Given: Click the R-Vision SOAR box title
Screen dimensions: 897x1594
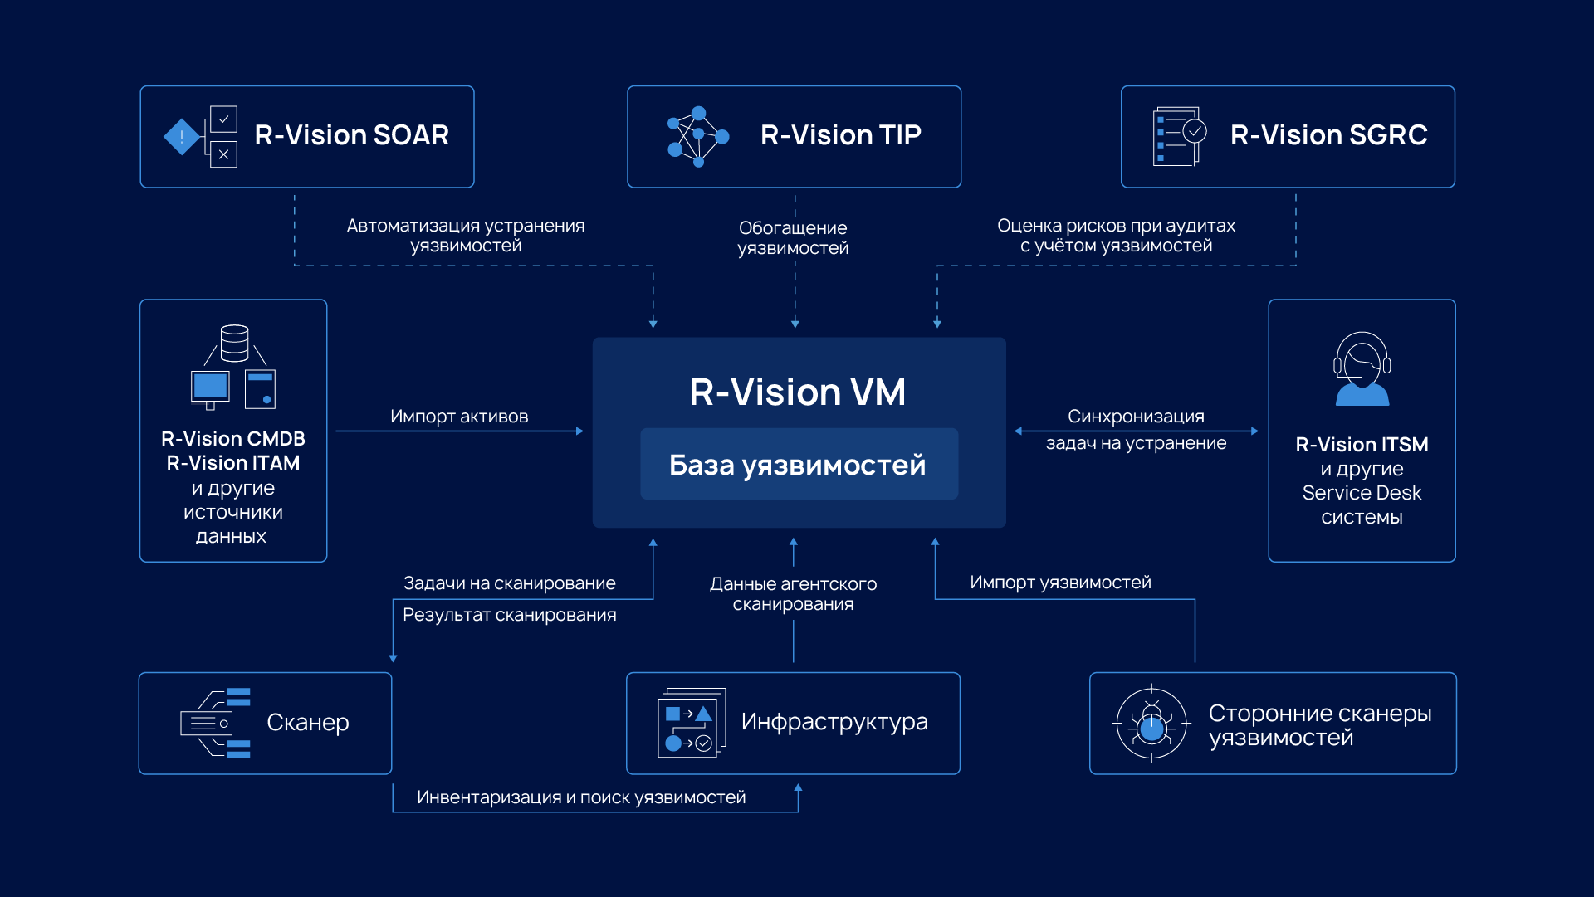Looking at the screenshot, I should click(351, 135).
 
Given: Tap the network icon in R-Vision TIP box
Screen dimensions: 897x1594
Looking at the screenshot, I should click(697, 136).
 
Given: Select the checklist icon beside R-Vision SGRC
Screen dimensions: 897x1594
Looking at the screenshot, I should click(1179, 136).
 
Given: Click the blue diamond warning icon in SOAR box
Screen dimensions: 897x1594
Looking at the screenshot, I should click(182, 137).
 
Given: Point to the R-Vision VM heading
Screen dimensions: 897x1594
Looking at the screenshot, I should click(797, 392).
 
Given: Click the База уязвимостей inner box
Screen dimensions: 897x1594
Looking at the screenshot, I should click(798, 465).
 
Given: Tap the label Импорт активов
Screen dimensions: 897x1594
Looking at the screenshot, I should click(459, 417).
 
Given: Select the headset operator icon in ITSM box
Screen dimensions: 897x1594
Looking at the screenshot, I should click(1362, 369).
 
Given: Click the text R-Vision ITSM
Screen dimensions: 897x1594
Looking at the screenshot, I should click(1362, 445).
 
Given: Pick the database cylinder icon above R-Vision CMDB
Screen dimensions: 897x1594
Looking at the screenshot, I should click(235, 343).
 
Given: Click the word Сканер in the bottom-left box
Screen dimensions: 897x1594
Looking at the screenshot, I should click(307, 723).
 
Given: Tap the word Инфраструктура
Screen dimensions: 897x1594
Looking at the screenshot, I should click(834, 722).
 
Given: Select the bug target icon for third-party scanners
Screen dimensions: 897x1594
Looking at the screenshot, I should click(1151, 724).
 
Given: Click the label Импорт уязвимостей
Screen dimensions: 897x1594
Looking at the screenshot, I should click(1060, 583).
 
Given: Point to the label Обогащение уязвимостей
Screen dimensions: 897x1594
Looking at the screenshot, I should click(793, 238).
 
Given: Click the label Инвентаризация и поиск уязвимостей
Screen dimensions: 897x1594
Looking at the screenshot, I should click(581, 797).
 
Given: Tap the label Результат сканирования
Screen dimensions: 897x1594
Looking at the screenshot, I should click(509, 615).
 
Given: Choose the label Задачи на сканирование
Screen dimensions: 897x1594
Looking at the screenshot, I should click(509, 583).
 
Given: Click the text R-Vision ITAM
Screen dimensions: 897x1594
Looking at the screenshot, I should click(233, 463).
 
